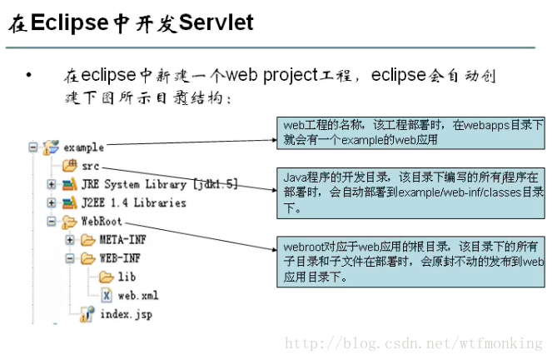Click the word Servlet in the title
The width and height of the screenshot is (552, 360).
click(x=216, y=22)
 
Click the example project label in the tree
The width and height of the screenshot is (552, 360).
click(x=84, y=147)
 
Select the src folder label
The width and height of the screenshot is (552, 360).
click(x=91, y=167)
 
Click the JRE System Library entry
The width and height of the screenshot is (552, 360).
click(x=160, y=184)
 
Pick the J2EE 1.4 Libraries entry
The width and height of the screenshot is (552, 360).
click(x=134, y=202)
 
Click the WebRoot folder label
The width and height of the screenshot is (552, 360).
click(x=102, y=221)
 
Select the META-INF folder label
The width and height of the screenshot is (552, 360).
click(x=123, y=240)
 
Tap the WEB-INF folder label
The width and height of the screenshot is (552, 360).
click(x=120, y=258)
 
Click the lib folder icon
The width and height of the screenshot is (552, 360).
click(x=107, y=277)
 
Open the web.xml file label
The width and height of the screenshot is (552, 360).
click(x=138, y=296)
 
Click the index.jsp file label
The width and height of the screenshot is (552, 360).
click(x=127, y=314)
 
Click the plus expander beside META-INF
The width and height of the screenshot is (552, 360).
click(x=70, y=240)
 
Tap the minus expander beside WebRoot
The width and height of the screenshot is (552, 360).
click(x=52, y=221)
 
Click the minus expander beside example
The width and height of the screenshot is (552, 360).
click(x=33, y=147)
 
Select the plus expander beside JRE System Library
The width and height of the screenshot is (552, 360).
click(x=52, y=184)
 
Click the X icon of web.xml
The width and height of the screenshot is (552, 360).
click(x=107, y=295)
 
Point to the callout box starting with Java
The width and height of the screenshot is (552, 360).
click(x=410, y=193)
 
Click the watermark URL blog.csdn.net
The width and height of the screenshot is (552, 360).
click(x=414, y=343)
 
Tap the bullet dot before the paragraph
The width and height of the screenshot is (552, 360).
click(x=28, y=75)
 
